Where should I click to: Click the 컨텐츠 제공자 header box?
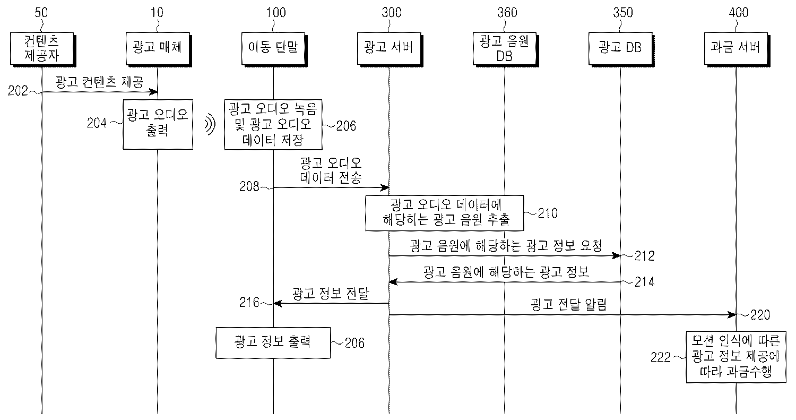(x=41, y=47)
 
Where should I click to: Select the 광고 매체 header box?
(x=157, y=47)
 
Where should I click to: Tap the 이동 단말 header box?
(x=273, y=47)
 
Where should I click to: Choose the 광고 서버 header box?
(x=388, y=47)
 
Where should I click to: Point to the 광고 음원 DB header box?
(x=504, y=47)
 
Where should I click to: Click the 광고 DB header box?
(x=620, y=47)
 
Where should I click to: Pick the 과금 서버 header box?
(x=736, y=47)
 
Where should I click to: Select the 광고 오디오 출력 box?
(x=157, y=124)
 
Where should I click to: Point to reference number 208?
(x=249, y=186)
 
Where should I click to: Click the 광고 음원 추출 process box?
(x=444, y=212)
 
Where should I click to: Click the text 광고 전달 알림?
(x=568, y=305)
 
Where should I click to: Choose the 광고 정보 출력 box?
(x=273, y=342)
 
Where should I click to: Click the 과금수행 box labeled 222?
(x=736, y=356)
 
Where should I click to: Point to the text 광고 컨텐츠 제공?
(x=100, y=82)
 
